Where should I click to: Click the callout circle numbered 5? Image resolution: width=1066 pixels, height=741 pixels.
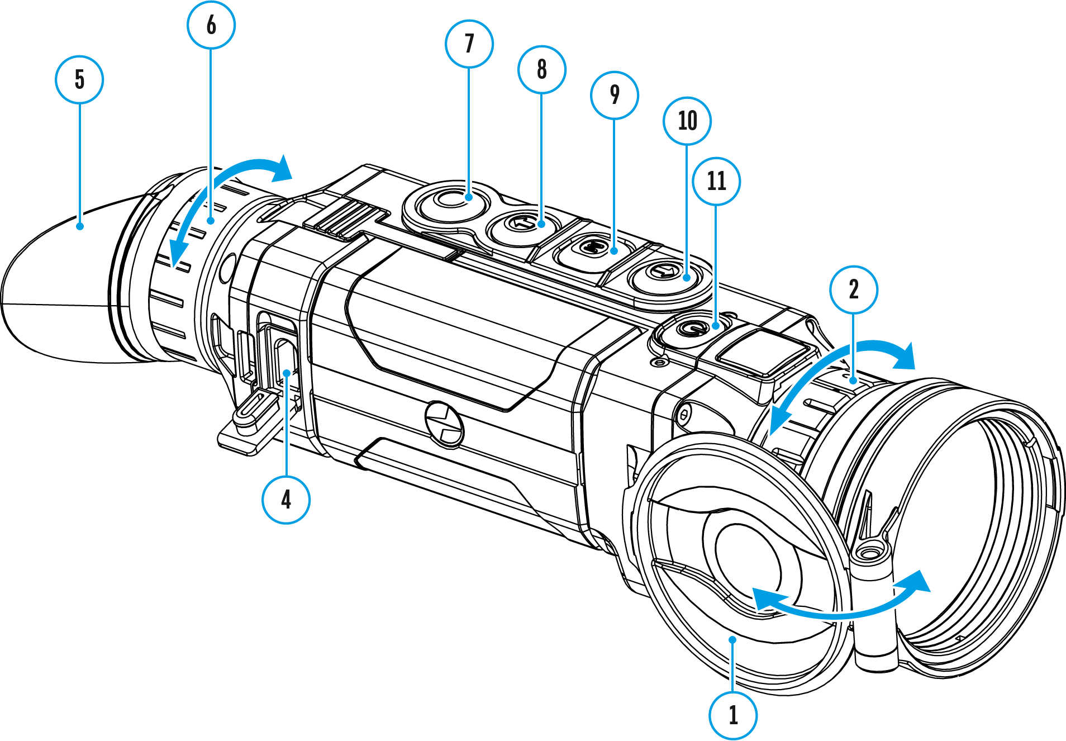pyautogui.click(x=79, y=79)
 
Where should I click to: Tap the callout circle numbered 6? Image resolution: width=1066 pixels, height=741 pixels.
pyautogui.click(x=211, y=25)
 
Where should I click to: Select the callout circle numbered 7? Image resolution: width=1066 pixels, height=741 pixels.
pyautogui.click(x=469, y=44)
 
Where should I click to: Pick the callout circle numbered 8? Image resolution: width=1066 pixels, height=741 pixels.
pyautogui.click(x=542, y=69)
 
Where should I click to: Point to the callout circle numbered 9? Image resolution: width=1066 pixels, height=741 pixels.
pyautogui.click(x=615, y=95)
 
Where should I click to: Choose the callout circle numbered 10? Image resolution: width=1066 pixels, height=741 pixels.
pyautogui.click(x=687, y=121)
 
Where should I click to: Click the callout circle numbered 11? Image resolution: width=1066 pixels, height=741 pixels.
pyautogui.click(x=716, y=181)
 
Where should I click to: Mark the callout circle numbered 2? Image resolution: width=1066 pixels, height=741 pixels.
pyautogui.click(x=854, y=289)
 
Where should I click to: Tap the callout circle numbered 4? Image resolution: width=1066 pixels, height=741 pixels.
pyautogui.click(x=286, y=500)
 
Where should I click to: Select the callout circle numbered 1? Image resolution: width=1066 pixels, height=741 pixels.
pyautogui.click(x=733, y=715)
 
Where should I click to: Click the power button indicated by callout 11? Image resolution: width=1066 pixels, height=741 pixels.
pyautogui.click(x=691, y=328)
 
